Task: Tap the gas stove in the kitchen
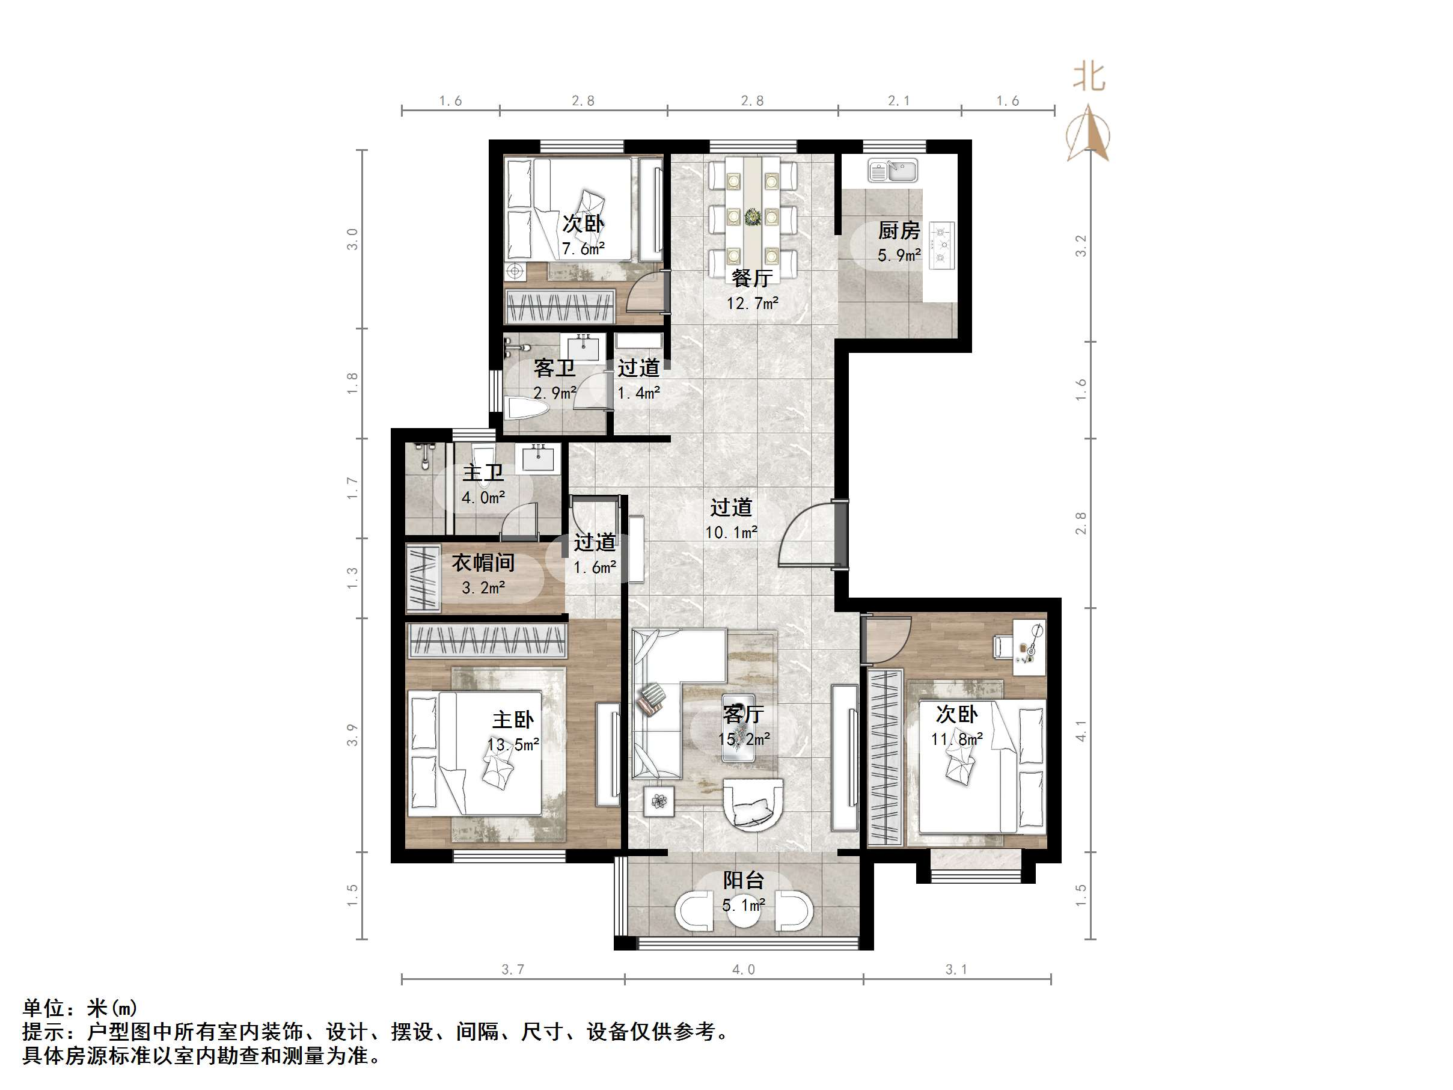pos(941,245)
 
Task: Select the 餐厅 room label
pos(751,278)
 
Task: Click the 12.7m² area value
pos(752,304)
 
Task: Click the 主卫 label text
pos(483,473)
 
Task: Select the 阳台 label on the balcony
pos(743,880)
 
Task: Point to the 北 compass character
pos(1089,77)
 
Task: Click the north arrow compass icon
pos(1089,135)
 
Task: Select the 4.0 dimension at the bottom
pos(743,970)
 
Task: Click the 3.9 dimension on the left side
pos(352,735)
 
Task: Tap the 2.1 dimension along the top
pos(899,100)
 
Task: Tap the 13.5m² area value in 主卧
pos(513,745)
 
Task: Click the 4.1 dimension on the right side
pos(1080,731)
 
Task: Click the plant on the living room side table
pos(659,801)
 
